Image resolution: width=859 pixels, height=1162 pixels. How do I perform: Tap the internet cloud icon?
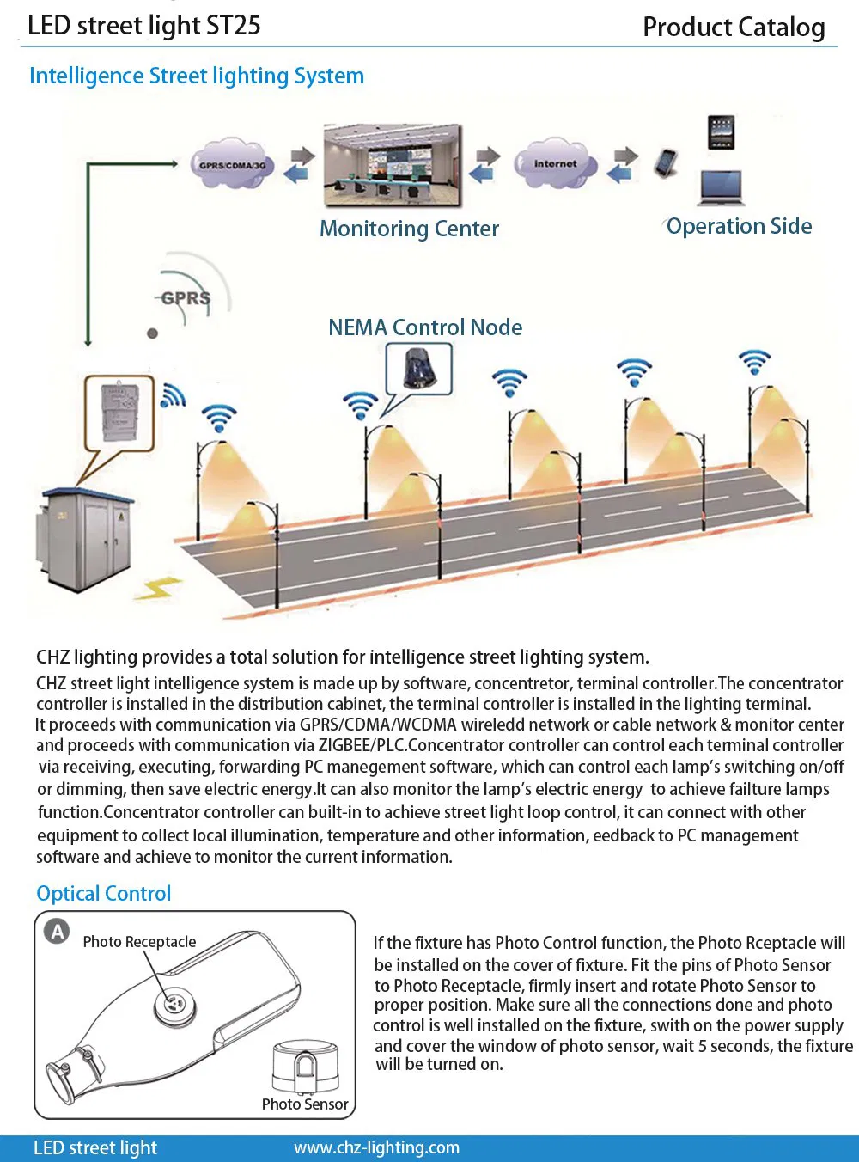pos(555,162)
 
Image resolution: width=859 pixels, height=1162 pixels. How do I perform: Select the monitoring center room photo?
pos(393,166)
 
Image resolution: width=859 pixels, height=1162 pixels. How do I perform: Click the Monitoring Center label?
pos(409,229)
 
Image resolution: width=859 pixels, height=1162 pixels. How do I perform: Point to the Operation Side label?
pos(739,226)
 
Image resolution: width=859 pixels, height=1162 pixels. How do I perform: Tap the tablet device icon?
pos(721,132)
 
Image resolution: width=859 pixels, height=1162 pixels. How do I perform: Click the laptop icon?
pos(720,187)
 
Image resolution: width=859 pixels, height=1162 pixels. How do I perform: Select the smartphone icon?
pos(666,162)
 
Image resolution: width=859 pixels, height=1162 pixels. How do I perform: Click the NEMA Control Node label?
pos(425,327)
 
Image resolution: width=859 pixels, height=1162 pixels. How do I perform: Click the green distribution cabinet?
pos(84,539)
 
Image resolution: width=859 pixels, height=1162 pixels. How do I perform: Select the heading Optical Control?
pos(104,894)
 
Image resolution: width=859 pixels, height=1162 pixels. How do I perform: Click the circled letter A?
pos(57,932)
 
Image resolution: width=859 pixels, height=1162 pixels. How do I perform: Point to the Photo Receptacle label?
pos(139,942)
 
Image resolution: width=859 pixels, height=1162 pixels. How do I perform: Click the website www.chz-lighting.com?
pos(376,1147)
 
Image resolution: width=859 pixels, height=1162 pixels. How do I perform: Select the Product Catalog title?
pos(734,28)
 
